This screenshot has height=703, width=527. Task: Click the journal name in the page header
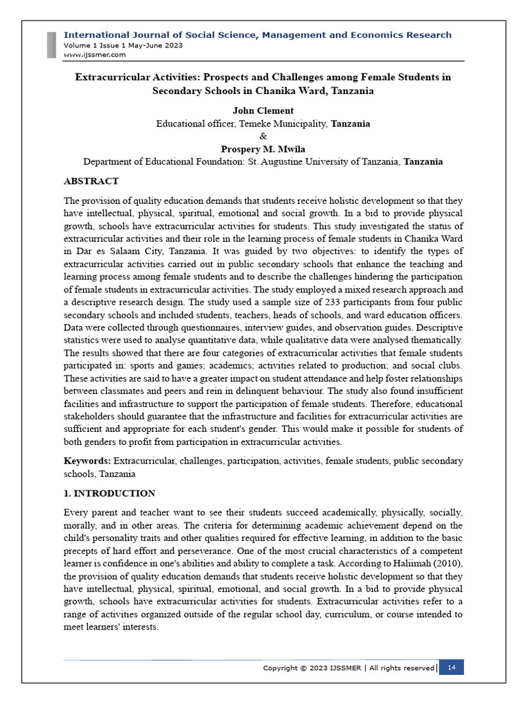tap(257, 35)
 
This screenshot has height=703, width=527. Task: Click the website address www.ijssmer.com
tap(94, 54)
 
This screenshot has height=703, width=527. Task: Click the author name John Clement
tap(263, 111)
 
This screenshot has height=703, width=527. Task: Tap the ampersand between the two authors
tap(263, 136)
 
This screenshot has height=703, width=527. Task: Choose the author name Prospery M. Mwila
tap(263, 149)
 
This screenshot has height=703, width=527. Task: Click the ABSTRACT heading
tap(91, 181)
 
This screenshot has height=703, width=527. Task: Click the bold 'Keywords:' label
tap(87, 460)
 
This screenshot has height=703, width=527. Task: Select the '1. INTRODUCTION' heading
tap(109, 493)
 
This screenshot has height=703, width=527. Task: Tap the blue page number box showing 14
tap(452, 667)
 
